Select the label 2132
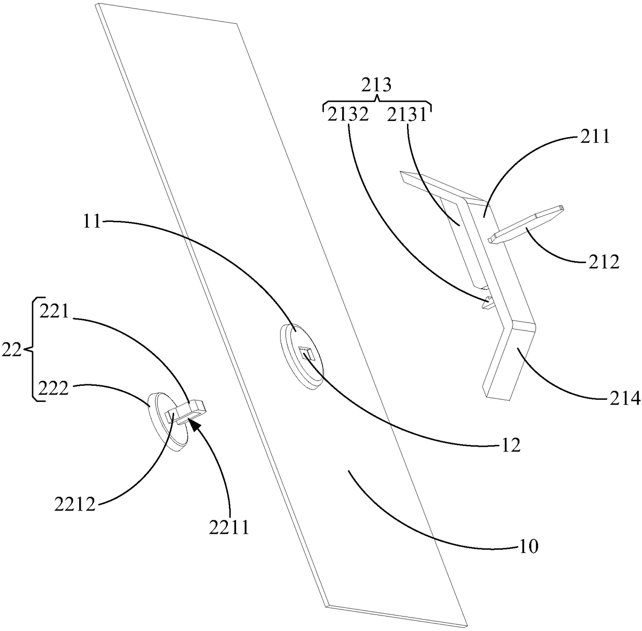point(347,114)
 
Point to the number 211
point(595,137)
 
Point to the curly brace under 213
point(377,102)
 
